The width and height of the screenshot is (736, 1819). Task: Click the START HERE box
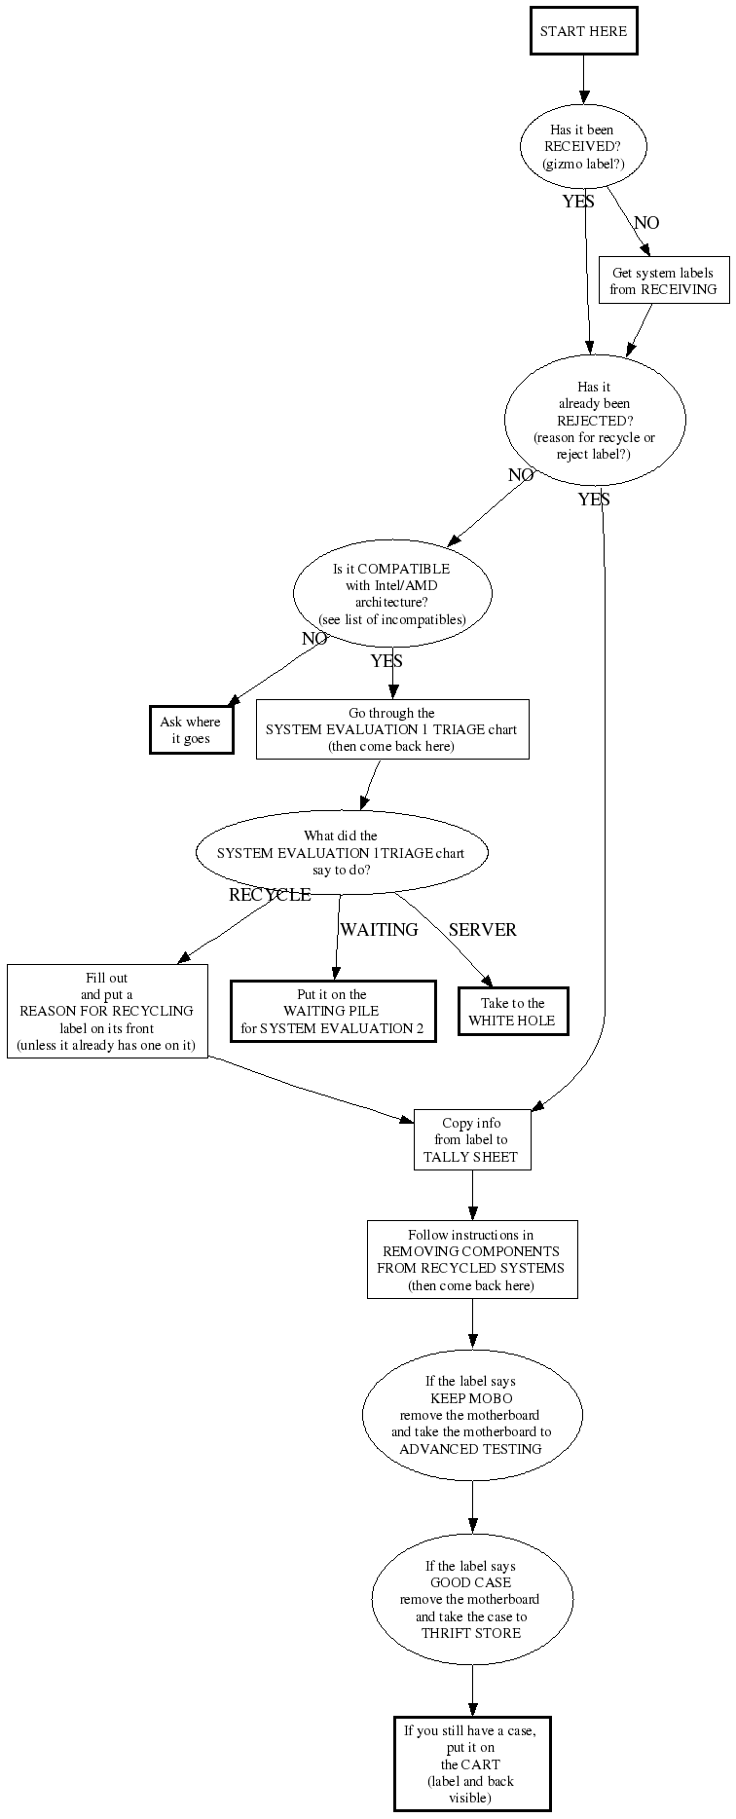pos(583,31)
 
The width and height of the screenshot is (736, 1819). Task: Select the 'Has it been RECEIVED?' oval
pos(583,147)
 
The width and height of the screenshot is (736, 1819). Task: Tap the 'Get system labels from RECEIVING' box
pos(663,281)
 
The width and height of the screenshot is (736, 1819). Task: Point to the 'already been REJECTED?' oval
pos(595,420)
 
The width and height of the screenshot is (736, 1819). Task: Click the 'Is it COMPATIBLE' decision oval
pos(392,594)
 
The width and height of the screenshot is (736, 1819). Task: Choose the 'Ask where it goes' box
pos(191,730)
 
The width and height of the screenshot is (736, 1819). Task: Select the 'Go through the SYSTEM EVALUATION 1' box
pos(392,729)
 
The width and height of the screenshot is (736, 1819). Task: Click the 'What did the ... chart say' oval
pos(341,852)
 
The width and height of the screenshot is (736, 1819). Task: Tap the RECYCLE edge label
pos(270,895)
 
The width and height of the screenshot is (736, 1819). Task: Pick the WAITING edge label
pos(379,930)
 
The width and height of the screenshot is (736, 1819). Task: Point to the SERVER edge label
pos(482,930)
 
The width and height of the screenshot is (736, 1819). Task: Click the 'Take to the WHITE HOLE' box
pos(513,1012)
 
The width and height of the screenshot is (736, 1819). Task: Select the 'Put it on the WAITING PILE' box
pos(332,1012)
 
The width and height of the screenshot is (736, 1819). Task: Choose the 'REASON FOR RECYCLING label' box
pos(107,1012)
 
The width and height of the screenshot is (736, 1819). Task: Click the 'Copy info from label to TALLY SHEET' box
pos(472,1140)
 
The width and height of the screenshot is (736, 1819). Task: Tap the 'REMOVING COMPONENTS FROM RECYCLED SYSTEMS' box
pos(472,1260)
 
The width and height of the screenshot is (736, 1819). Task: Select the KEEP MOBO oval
pos(472,1415)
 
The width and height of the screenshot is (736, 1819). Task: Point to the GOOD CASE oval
pos(472,1599)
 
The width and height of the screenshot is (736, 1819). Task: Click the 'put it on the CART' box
pos(472,1763)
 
